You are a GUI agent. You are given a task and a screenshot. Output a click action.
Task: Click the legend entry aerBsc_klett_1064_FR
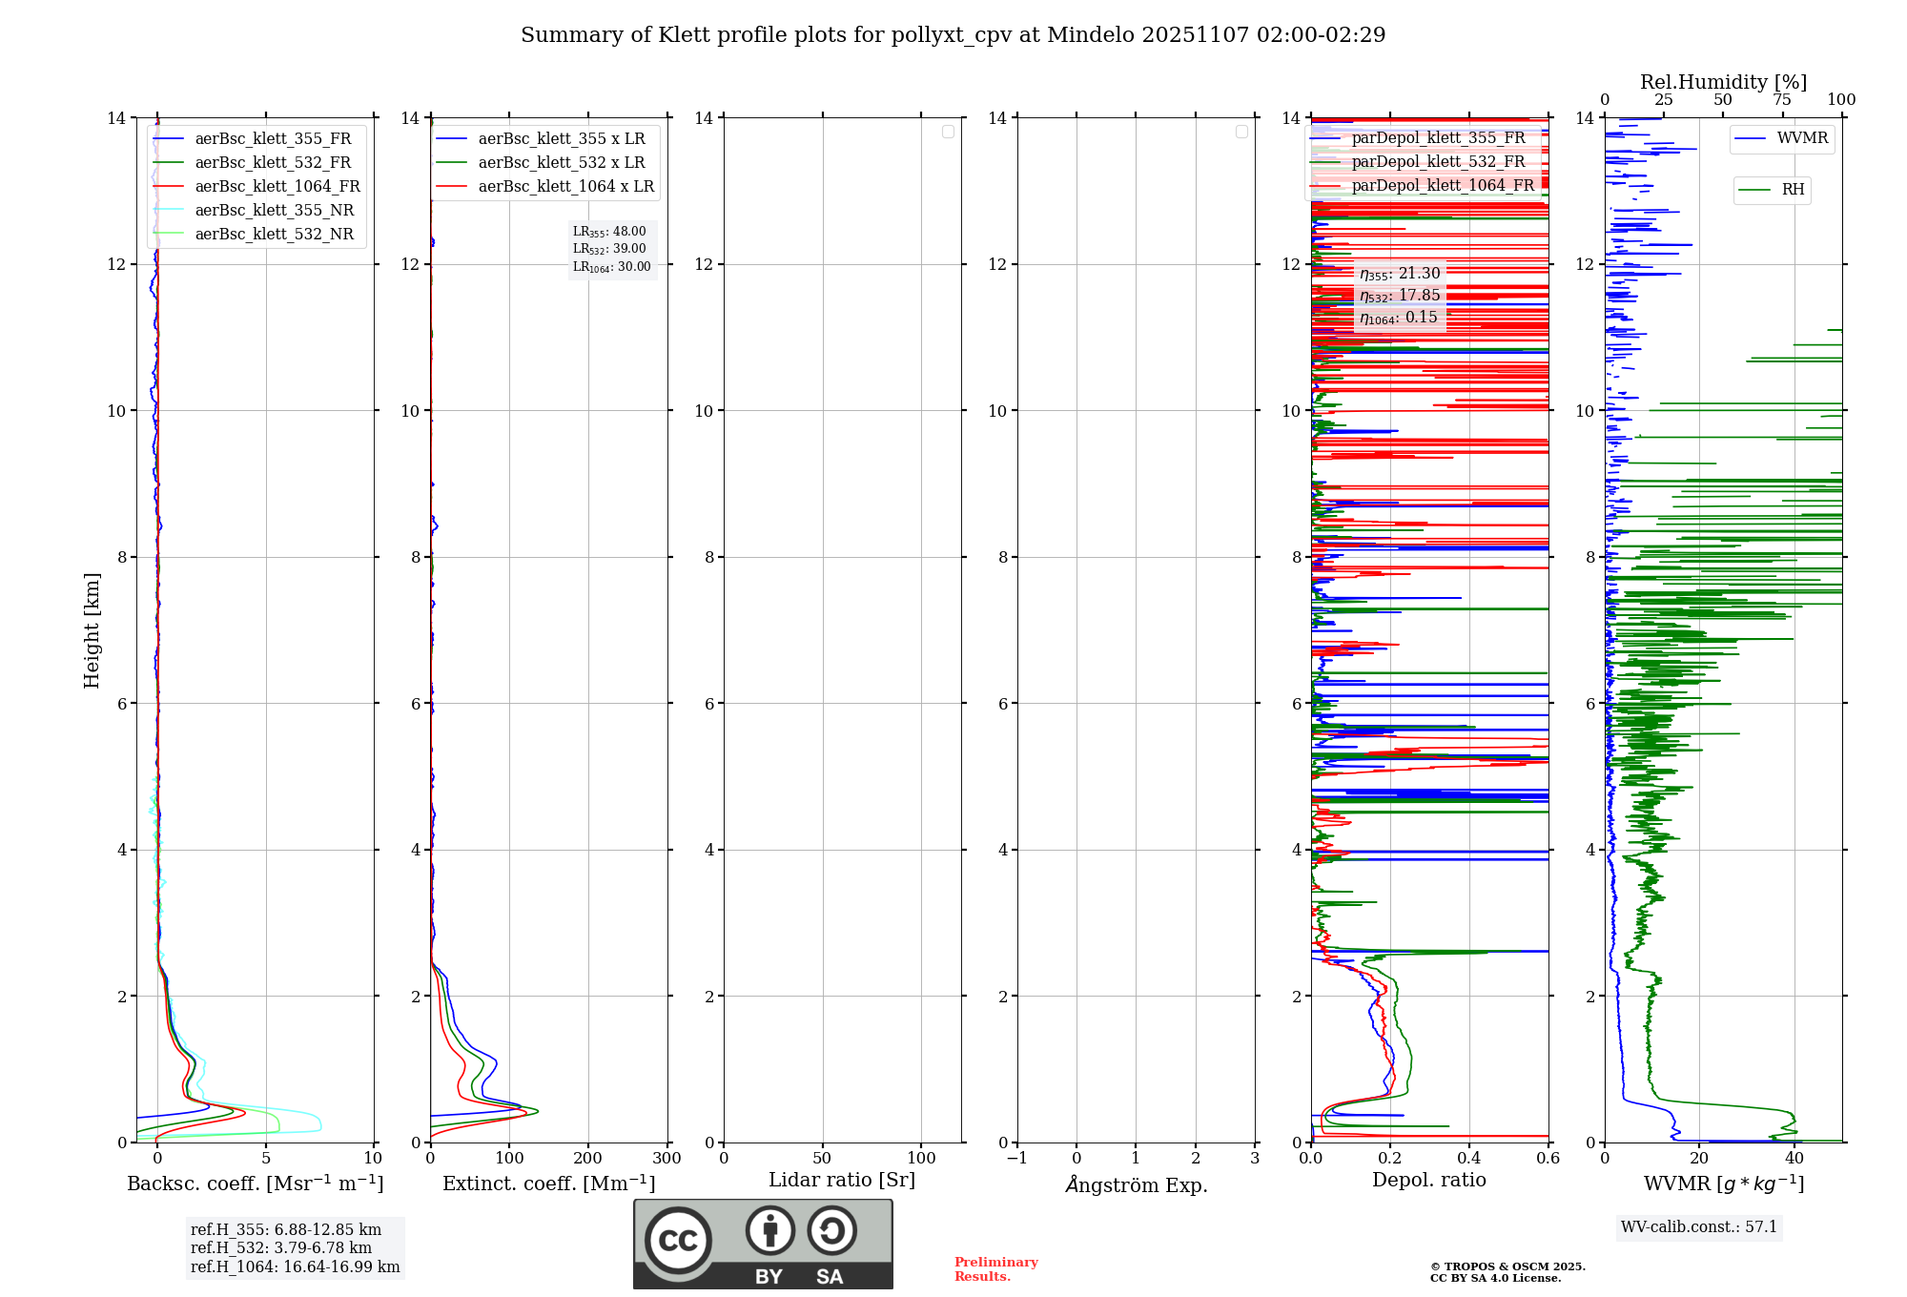click(x=277, y=186)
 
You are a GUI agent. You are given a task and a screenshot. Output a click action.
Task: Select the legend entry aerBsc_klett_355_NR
click(x=274, y=210)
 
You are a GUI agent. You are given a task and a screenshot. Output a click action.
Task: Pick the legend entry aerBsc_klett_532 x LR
click(x=561, y=162)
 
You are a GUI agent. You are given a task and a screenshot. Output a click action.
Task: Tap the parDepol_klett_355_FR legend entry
click(x=1438, y=137)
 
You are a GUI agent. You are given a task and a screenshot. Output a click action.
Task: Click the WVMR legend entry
click(x=1802, y=138)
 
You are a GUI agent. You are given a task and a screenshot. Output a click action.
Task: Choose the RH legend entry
click(x=1793, y=190)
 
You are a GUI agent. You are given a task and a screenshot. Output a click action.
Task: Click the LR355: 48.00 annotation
click(x=609, y=232)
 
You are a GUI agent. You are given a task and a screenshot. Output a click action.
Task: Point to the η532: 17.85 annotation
click(x=1400, y=296)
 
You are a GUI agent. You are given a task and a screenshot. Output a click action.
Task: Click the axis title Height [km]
click(x=92, y=630)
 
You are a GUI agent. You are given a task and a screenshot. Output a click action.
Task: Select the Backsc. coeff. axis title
click(x=255, y=1184)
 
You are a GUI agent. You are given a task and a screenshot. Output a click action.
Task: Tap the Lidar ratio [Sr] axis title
click(x=842, y=1180)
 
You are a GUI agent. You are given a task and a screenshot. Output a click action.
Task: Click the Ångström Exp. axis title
click(x=1136, y=1184)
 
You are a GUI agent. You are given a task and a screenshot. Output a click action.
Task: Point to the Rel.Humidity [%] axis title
click(x=1723, y=82)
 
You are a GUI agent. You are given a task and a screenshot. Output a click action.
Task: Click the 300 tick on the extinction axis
click(x=666, y=1159)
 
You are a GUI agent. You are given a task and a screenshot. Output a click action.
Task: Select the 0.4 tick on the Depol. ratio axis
click(x=1469, y=1159)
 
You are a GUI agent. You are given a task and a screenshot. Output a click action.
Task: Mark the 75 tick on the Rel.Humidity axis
click(x=1781, y=100)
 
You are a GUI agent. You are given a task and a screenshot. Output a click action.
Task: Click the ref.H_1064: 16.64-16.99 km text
click(x=295, y=1266)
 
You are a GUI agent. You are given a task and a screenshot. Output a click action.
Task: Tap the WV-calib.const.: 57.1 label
click(x=1699, y=1226)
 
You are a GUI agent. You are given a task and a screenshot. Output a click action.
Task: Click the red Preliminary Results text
click(x=995, y=1269)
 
